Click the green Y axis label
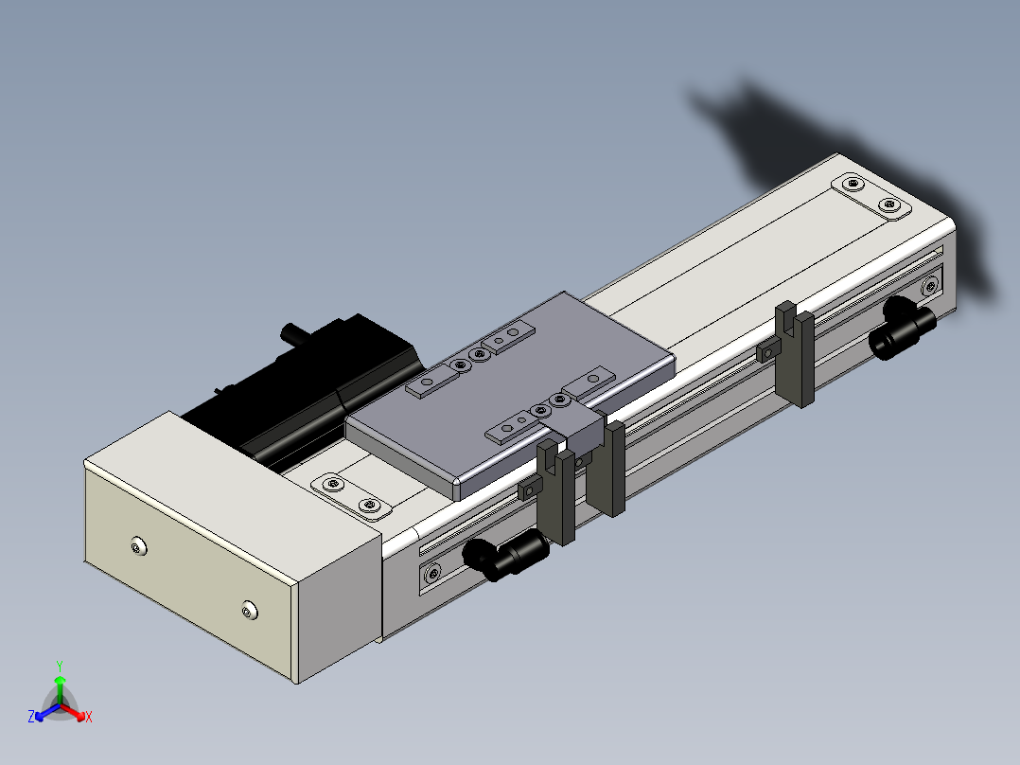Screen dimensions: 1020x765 (x=60, y=666)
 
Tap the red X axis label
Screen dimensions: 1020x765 (x=89, y=717)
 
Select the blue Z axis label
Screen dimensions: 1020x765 (x=31, y=716)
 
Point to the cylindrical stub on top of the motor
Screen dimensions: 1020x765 (x=294, y=333)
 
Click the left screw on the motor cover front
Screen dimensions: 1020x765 (x=138, y=547)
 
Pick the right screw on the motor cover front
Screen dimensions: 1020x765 (x=250, y=611)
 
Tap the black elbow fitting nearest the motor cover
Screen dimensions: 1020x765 (x=506, y=554)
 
